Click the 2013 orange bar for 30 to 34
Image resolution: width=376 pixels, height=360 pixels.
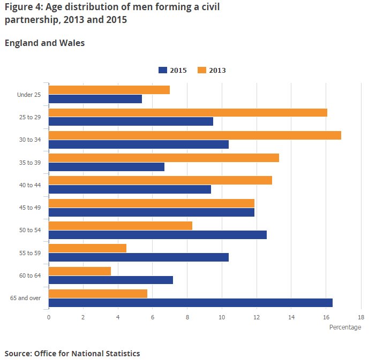tap(195, 135)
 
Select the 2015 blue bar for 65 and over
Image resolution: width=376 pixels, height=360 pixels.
tap(191, 303)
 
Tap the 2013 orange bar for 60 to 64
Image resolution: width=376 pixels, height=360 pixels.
tap(80, 271)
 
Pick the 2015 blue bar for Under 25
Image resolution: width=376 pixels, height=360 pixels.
tap(95, 99)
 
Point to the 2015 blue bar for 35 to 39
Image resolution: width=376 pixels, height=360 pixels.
tap(107, 167)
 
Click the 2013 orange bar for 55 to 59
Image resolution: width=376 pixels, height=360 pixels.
tap(87, 248)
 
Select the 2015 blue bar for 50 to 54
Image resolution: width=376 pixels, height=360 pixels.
tap(157, 235)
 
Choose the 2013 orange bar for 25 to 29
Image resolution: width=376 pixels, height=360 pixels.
tap(188, 113)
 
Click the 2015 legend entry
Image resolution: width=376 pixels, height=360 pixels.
tap(172, 70)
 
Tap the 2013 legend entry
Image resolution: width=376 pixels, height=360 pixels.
tap(212, 70)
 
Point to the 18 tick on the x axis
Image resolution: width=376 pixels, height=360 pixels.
tap(361, 317)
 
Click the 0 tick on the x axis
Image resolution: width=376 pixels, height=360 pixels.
tap(49, 317)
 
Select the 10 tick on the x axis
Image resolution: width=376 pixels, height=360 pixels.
tap(222, 317)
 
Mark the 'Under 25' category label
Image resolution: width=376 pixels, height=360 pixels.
tap(29, 95)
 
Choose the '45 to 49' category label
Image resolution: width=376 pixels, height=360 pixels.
tap(29, 206)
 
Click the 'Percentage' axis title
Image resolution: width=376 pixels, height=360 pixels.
tap(345, 327)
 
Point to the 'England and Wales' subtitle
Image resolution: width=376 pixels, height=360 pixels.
tap(44, 43)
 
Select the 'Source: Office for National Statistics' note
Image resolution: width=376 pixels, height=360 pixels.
tap(72, 353)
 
